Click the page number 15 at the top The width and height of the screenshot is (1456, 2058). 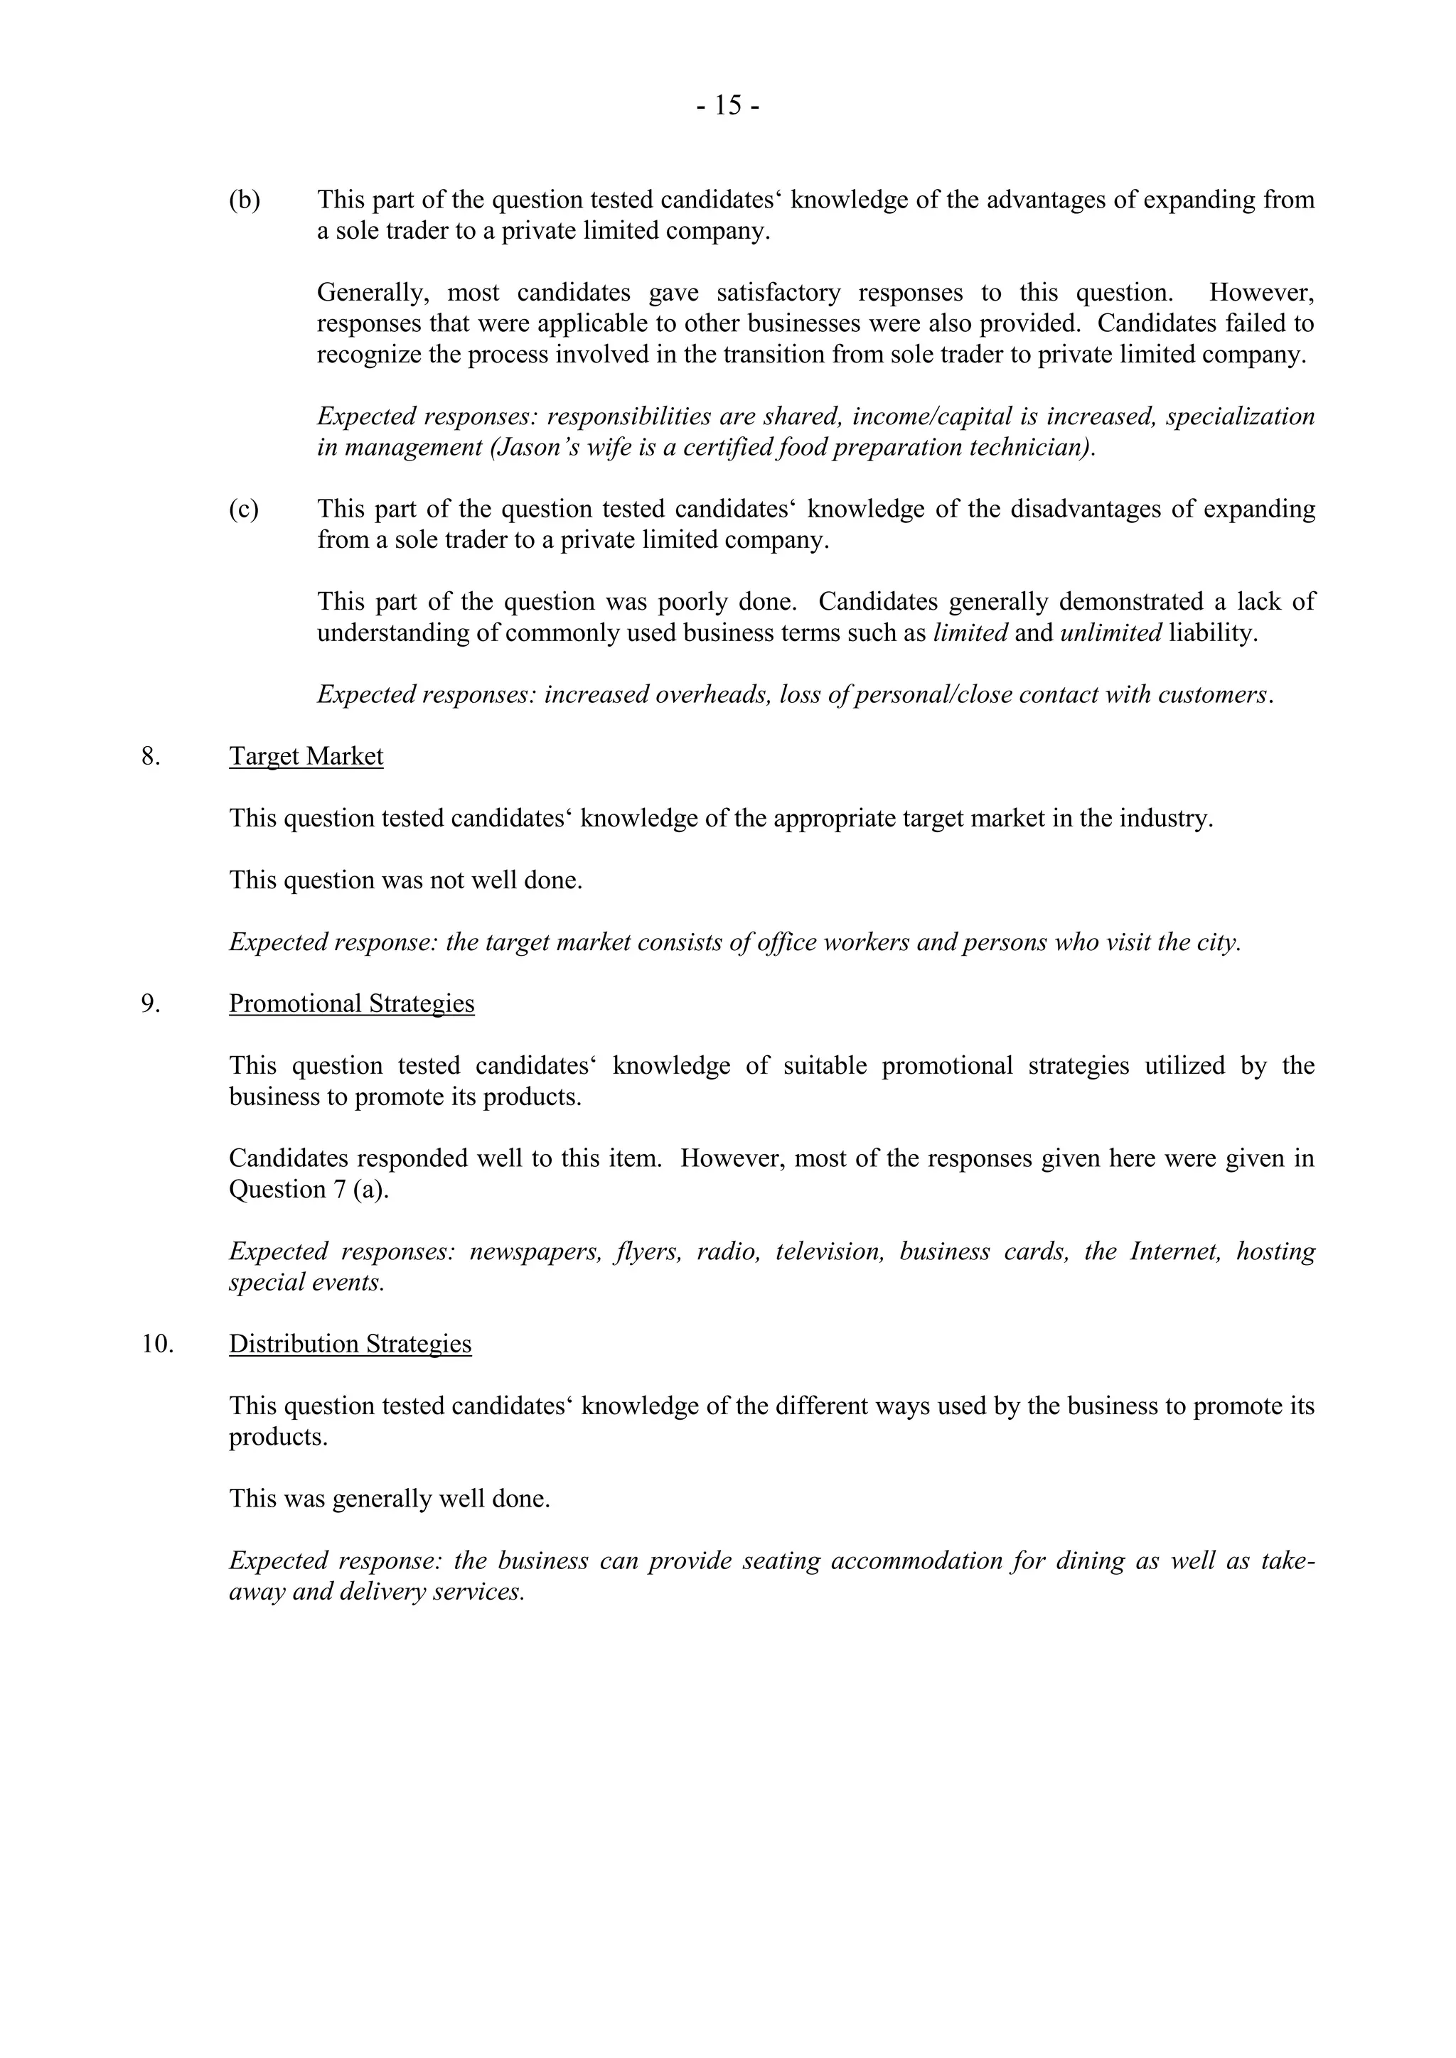(x=728, y=107)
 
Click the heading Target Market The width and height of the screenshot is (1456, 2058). (x=306, y=757)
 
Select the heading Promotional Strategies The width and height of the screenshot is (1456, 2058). (x=351, y=1004)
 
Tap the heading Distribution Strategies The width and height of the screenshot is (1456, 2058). (x=350, y=1344)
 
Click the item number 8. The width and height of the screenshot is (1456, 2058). (x=151, y=757)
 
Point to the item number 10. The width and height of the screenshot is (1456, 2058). (x=157, y=1344)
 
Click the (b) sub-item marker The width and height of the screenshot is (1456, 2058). (x=244, y=200)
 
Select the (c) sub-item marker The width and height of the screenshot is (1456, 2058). (x=244, y=509)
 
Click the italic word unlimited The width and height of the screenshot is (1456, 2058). (x=1110, y=632)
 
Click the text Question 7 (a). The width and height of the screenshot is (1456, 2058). (x=309, y=1190)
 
